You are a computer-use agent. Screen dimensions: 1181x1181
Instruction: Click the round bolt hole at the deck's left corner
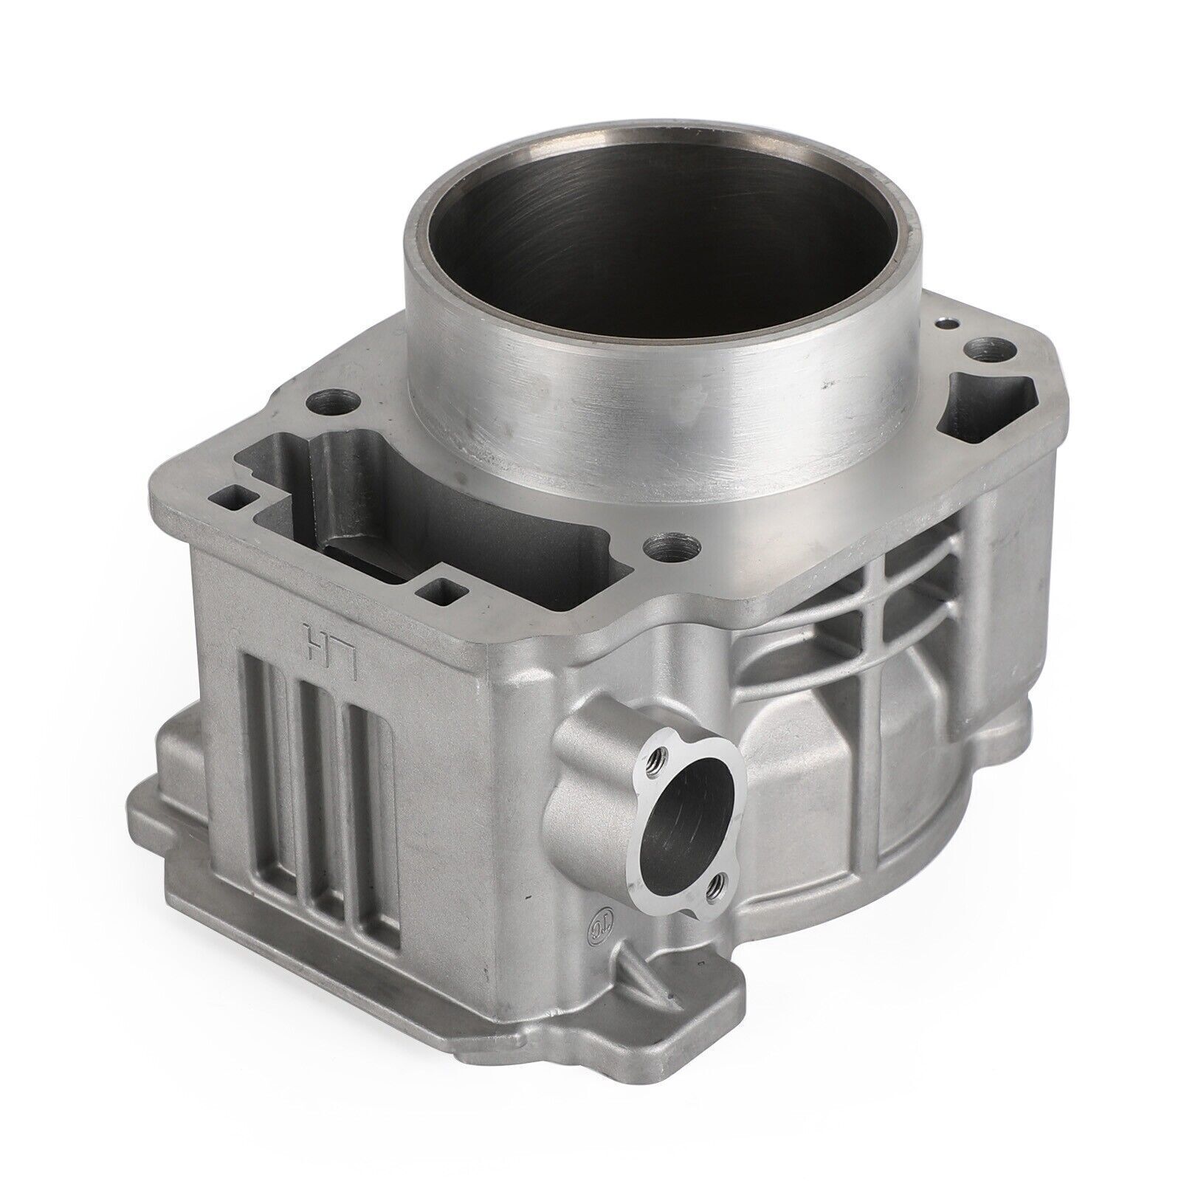pyautogui.click(x=326, y=403)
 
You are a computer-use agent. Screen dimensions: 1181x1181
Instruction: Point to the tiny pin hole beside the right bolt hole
pyautogui.click(x=943, y=323)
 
